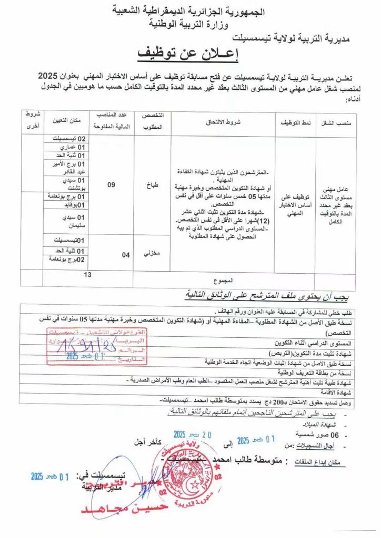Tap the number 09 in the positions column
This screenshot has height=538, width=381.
[111, 184]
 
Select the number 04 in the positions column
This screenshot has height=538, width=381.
[125, 255]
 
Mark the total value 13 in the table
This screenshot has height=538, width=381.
[87, 274]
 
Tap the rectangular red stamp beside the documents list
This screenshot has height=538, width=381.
[97, 346]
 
